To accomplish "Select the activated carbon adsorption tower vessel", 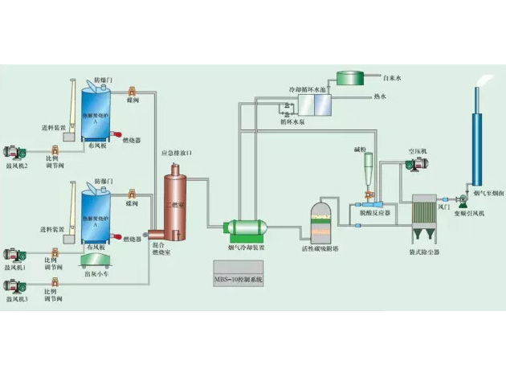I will click(x=320, y=220).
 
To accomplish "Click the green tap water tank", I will click(x=350, y=78).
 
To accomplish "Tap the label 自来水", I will click(x=392, y=78).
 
